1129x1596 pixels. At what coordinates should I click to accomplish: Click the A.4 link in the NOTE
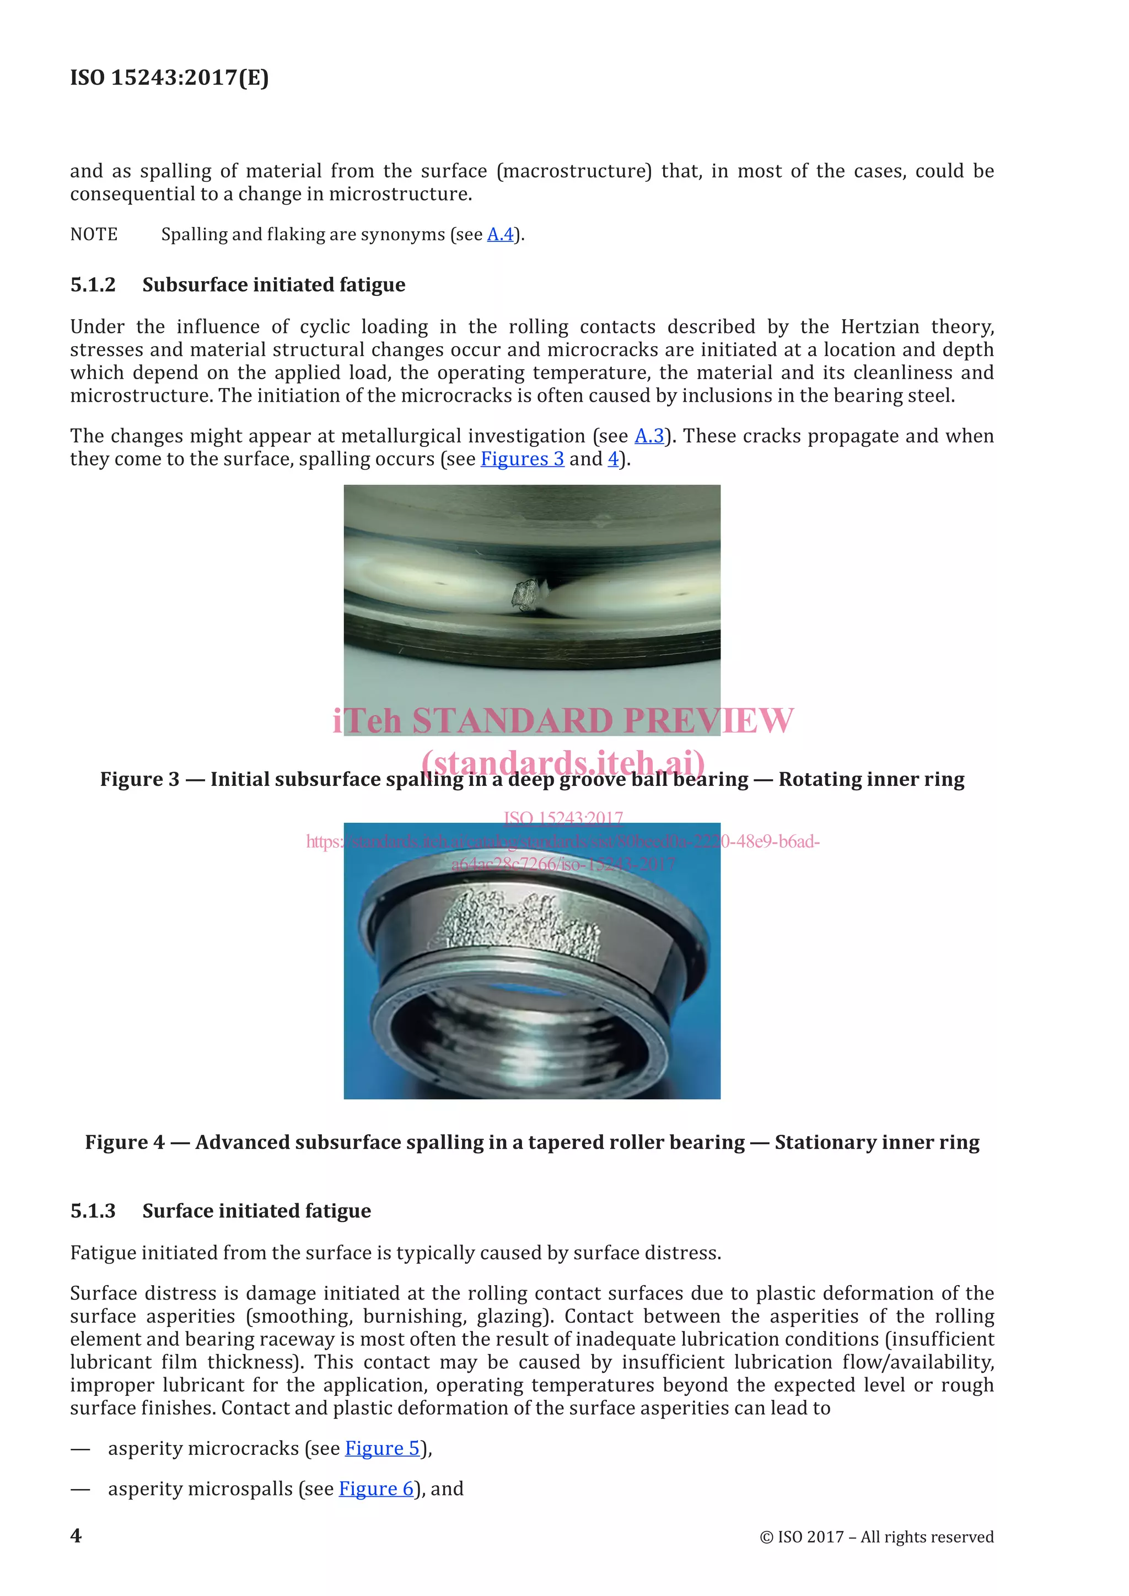point(500,234)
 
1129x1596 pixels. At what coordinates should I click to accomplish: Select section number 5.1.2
point(93,285)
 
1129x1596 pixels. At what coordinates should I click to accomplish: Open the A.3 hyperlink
point(649,436)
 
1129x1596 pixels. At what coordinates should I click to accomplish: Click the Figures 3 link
point(522,459)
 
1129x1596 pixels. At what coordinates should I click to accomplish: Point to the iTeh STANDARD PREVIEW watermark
point(563,720)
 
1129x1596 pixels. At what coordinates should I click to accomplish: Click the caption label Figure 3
point(139,779)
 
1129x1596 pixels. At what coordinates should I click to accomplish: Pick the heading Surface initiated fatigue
point(256,1211)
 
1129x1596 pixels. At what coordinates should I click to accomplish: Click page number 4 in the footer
point(76,1535)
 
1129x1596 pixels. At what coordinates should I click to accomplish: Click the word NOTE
point(94,234)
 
